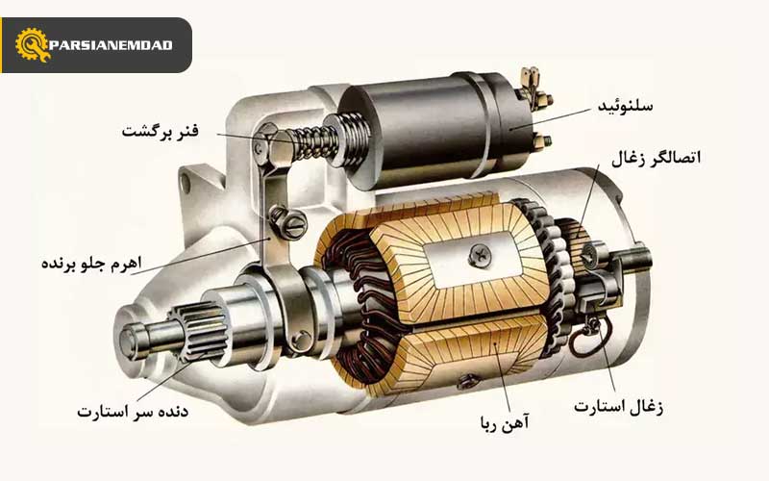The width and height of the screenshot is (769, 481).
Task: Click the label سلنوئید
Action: [x=625, y=105]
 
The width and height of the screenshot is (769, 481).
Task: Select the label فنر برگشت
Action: [x=160, y=131]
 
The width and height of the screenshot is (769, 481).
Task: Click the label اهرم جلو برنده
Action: [x=87, y=264]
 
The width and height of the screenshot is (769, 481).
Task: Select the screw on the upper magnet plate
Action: [x=479, y=255]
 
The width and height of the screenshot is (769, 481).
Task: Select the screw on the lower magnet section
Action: [x=468, y=381]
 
